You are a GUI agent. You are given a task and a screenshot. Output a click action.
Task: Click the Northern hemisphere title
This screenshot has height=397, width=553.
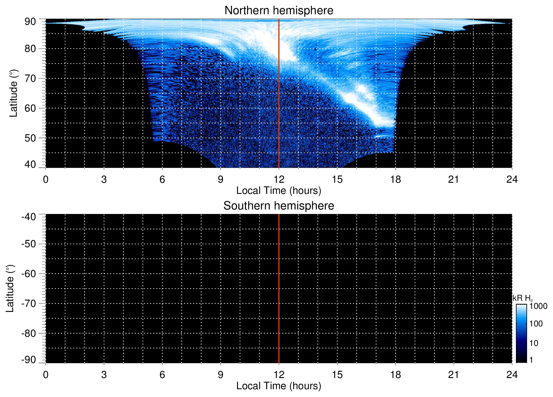(x=279, y=11)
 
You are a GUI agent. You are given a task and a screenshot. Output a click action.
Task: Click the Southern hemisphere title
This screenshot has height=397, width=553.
(x=279, y=206)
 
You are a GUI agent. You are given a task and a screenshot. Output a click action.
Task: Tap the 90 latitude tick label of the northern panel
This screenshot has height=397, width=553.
(x=30, y=22)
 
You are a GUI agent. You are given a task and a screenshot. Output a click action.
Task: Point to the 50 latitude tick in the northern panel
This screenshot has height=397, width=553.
(x=30, y=138)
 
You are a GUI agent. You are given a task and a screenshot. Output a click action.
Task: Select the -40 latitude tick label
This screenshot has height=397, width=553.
(x=29, y=217)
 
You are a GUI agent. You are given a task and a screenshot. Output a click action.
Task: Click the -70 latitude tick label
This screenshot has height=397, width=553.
(x=29, y=304)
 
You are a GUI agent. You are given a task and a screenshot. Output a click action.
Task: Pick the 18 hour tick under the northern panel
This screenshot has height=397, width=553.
(x=395, y=179)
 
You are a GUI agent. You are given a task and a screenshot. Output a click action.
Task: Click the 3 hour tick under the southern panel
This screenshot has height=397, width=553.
(x=104, y=375)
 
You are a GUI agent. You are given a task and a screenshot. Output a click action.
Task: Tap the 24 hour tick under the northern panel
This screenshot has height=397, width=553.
(x=512, y=179)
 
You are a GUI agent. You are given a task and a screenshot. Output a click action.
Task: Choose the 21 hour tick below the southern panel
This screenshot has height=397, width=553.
(x=454, y=375)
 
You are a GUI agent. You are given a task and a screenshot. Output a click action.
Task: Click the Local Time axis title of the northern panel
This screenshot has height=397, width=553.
(x=279, y=191)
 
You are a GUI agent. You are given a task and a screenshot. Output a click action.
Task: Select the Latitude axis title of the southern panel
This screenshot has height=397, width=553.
(x=10, y=288)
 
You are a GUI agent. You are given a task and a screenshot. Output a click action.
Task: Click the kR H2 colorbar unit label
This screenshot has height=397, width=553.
(x=522, y=298)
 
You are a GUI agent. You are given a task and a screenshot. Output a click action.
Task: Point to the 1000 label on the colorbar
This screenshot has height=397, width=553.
(x=538, y=306)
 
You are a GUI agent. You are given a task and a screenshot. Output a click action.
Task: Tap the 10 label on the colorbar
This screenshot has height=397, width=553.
(x=534, y=343)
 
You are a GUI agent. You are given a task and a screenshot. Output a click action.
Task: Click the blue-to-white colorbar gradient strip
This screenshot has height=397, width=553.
(x=521, y=333)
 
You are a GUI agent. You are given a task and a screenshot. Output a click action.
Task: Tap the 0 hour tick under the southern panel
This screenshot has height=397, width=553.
(x=46, y=375)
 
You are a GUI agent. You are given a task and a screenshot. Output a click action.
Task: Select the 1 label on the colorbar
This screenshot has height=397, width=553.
(x=531, y=360)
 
